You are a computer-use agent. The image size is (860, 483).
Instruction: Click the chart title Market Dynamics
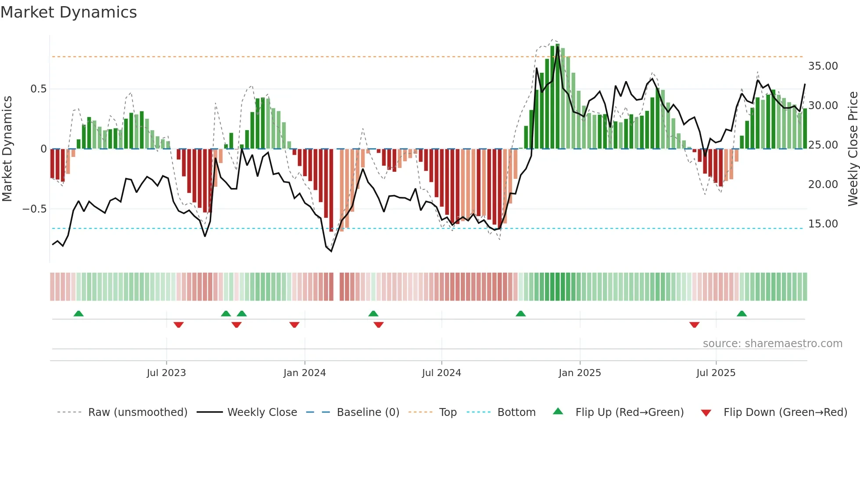click(68, 12)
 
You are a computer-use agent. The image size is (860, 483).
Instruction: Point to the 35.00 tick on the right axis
click(823, 66)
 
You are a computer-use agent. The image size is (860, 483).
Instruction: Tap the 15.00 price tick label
click(823, 224)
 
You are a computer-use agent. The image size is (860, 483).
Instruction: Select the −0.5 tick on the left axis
click(34, 209)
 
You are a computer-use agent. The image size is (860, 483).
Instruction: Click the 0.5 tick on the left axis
click(38, 89)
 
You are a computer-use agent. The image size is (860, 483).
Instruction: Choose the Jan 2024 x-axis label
click(305, 373)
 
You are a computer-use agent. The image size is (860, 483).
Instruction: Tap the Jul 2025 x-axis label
click(716, 373)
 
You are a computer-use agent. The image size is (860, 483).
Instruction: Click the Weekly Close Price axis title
click(853, 149)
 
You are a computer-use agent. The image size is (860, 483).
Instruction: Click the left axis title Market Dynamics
click(7, 149)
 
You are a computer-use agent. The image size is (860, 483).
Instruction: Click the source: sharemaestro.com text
click(772, 344)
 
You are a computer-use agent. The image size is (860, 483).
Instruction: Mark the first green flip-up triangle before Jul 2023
click(79, 314)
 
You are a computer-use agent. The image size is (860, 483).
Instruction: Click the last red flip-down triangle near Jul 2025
click(694, 325)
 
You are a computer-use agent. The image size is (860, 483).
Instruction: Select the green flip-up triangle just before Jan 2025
click(520, 314)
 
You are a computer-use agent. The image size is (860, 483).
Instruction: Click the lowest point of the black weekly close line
click(331, 251)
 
